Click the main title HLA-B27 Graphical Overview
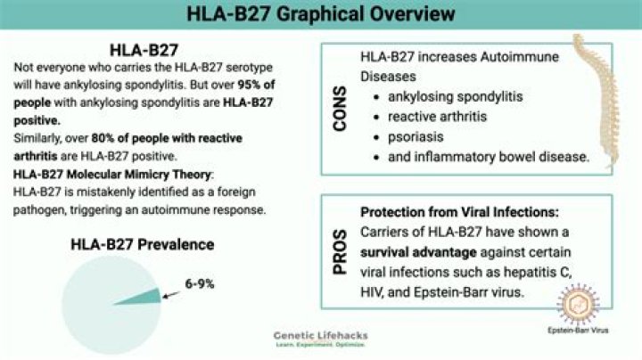point(321,14)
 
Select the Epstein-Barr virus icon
point(578,302)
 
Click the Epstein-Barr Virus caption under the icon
point(579,339)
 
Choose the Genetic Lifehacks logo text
point(320,335)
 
